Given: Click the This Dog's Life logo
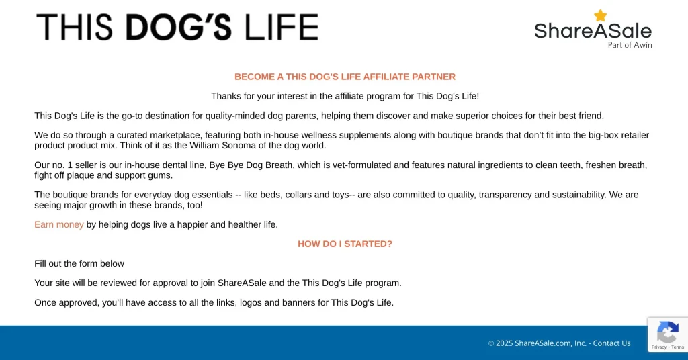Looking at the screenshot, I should coord(177,28).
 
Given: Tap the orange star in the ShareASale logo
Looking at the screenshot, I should coord(600,15).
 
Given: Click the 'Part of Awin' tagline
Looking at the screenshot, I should coord(630,45).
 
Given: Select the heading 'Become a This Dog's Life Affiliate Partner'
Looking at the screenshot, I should coord(345,77).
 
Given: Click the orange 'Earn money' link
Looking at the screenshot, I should coord(59,224).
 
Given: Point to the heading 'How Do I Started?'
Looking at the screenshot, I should coord(345,244).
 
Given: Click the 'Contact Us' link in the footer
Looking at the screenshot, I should coord(611,343).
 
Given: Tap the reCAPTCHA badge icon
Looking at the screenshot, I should coord(667,332).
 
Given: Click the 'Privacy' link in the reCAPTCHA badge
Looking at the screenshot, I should coord(658,347).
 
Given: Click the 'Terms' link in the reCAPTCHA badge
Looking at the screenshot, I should coord(677,347).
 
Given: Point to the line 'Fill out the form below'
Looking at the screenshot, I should coord(79,263).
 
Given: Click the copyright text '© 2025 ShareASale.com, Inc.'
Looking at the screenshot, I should coord(537,343).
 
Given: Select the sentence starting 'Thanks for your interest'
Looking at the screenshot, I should coord(345,96).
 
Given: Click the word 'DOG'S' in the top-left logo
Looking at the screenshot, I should coord(179,28).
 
